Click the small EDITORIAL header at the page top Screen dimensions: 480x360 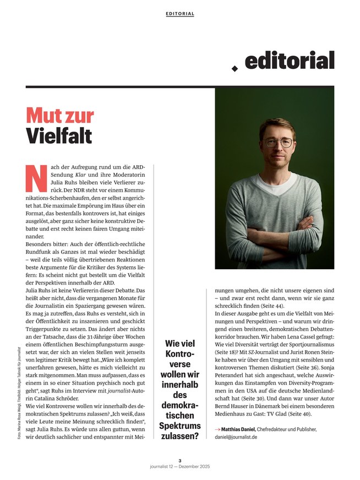click(x=179, y=14)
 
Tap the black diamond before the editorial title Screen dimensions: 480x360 click(x=234, y=68)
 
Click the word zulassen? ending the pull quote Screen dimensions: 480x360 click(x=178, y=437)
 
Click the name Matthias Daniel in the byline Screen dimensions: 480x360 click(x=238, y=429)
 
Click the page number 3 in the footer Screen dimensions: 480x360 click(x=179, y=461)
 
